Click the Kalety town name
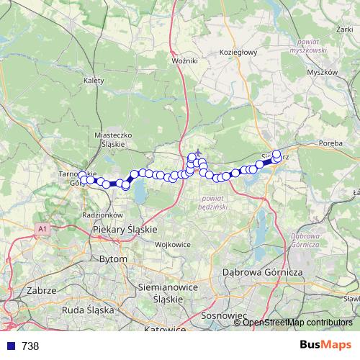(94, 81)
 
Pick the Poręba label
(330, 143)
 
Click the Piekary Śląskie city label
(125, 228)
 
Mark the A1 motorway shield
(44, 228)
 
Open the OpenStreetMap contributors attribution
(297, 323)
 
